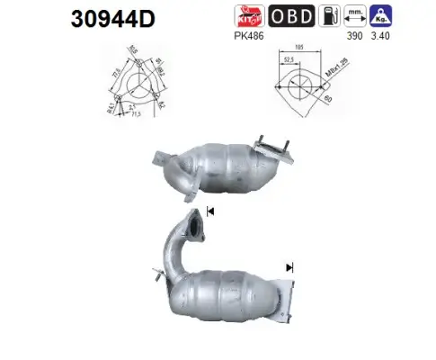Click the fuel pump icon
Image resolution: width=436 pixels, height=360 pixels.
[x=334, y=15]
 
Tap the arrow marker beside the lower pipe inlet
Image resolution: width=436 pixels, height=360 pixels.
[x=211, y=211]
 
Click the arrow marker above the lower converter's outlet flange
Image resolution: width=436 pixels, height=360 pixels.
[x=290, y=267]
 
